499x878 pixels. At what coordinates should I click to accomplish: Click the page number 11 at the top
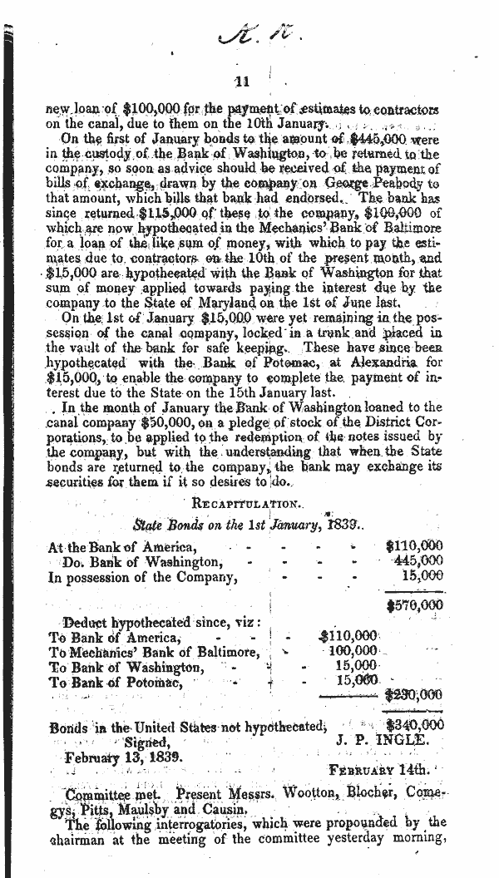click(242, 81)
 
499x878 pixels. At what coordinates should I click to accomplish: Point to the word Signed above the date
click(148, 742)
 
